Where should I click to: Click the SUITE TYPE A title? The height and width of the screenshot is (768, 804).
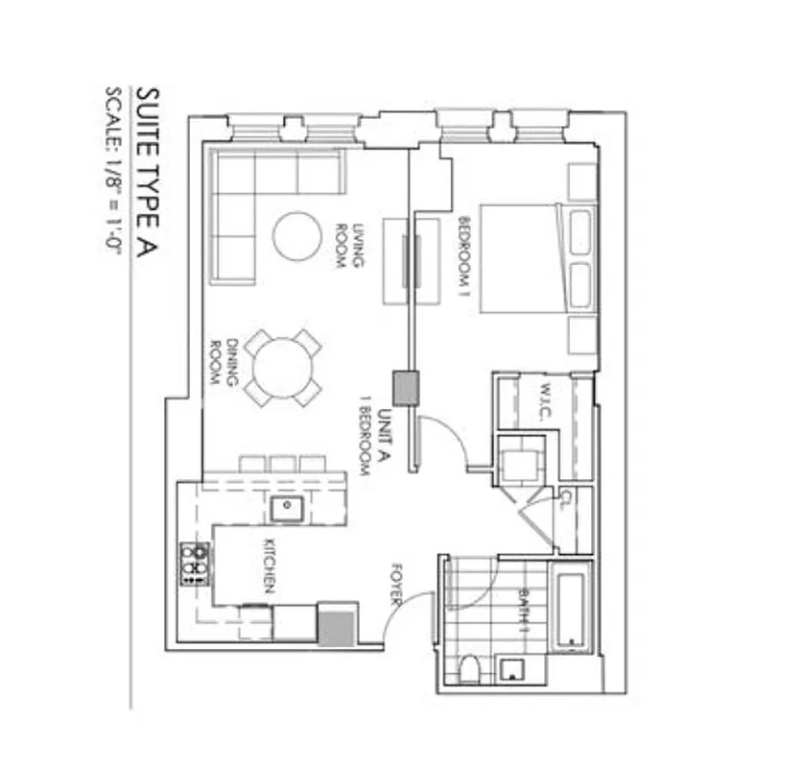(146, 174)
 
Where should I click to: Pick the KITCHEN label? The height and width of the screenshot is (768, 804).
(270, 572)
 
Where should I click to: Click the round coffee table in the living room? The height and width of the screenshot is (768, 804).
(296, 236)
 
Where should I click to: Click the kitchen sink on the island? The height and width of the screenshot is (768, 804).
(286, 507)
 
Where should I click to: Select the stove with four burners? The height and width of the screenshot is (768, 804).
(195, 564)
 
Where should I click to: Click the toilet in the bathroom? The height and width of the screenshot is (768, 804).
(470, 669)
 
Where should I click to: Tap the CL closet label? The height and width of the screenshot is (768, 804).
(566, 499)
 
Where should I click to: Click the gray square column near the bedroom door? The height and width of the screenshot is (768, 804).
(406, 388)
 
